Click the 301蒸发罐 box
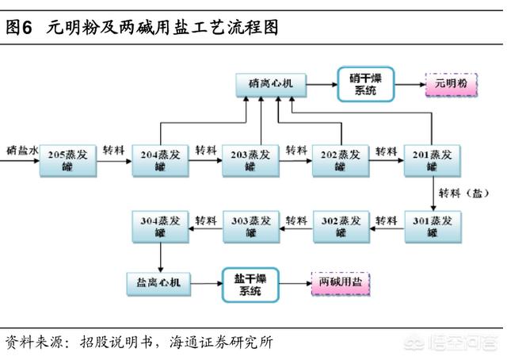point(432,226)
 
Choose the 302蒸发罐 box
point(341,226)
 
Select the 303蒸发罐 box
point(250,226)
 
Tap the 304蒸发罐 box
point(161,226)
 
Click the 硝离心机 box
point(270,83)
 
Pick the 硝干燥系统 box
point(365,84)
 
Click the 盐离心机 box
point(159,282)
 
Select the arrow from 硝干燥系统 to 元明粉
point(407,83)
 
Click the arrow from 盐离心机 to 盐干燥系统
point(207,282)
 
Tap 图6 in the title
point(19,29)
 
